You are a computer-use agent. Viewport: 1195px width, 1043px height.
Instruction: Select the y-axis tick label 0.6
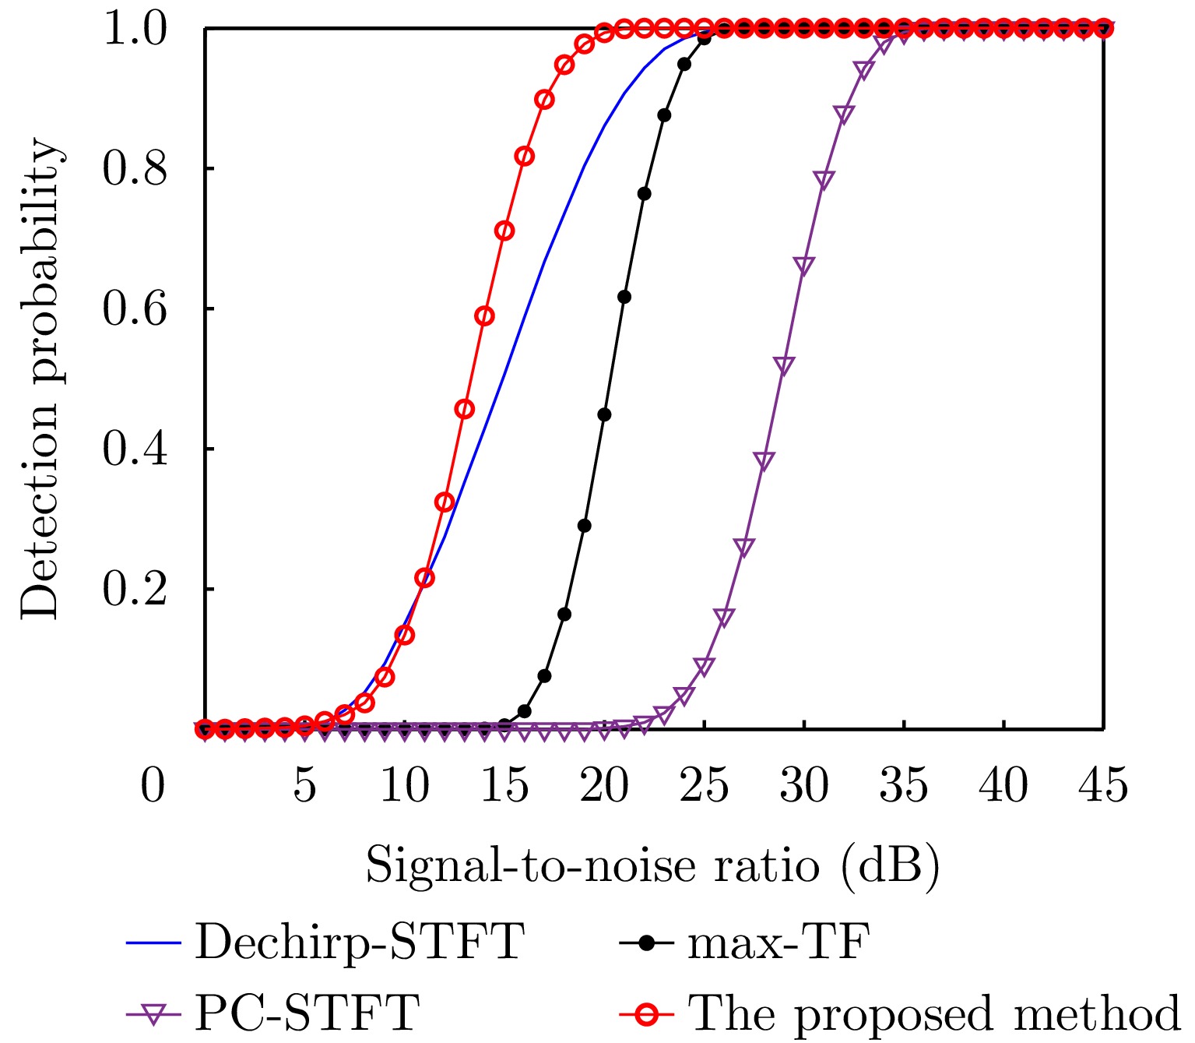point(135,309)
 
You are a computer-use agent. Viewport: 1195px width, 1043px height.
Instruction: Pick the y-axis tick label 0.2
point(135,590)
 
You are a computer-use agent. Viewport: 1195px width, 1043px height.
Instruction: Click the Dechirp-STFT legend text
point(359,942)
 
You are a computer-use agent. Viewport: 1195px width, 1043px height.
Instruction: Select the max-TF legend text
point(778,942)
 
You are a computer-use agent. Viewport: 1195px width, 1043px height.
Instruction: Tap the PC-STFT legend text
point(307,1013)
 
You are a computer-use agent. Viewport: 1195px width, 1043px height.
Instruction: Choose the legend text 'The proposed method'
point(934,1013)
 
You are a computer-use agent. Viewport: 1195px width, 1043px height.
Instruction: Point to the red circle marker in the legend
point(646,1013)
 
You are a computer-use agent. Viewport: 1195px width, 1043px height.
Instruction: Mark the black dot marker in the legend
point(646,943)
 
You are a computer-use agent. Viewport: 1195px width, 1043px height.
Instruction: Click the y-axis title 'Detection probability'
point(40,379)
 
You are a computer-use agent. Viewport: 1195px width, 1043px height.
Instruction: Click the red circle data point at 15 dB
point(504,231)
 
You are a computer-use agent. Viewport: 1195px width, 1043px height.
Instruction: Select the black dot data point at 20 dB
point(604,414)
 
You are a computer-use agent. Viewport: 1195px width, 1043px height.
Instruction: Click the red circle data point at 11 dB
point(424,578)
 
